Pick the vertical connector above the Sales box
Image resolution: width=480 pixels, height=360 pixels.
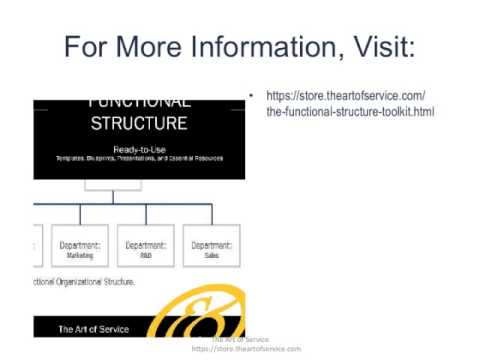pyautogui.click(x=212, y=216)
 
